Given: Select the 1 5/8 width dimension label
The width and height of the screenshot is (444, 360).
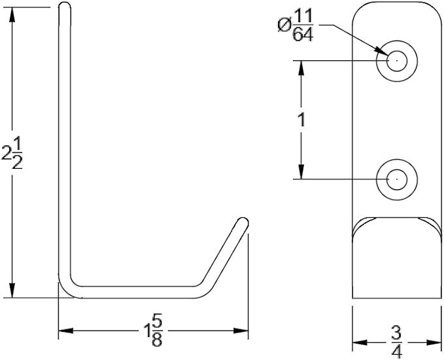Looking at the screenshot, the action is (153, 331).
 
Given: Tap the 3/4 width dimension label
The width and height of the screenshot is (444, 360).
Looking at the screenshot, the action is (397, 343).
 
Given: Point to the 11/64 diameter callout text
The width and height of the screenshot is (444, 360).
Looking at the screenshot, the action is (296, 25).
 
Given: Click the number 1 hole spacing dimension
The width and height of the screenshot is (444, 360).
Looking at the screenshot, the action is (302, 120).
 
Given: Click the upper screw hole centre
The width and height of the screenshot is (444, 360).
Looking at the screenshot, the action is (397, 61).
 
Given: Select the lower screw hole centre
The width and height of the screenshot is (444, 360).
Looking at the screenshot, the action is (397, 179).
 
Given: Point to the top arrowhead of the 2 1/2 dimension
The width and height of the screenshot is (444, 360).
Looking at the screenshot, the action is (12, 15).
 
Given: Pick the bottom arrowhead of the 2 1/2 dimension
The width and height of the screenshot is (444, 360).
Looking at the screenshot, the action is (12, 290).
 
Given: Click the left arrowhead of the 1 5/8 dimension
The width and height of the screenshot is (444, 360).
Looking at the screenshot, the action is (65, 331).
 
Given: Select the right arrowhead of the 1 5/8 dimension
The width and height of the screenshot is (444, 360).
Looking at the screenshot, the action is (241, 331).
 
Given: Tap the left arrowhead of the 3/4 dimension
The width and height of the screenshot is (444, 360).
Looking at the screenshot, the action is (360, 342).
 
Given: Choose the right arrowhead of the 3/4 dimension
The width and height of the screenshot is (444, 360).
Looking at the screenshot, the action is (434, 342).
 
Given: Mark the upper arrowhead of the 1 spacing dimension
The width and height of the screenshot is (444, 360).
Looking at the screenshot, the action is (301, 68).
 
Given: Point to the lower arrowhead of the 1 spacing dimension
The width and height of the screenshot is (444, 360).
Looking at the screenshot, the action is (301, 171).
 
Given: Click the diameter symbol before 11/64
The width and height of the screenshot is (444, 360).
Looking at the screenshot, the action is (284, 26).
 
